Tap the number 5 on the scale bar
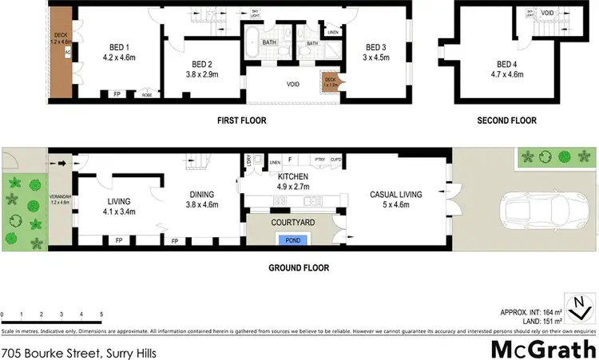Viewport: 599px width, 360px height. point(101,315)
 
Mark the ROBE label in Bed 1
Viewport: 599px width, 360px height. point(147,94)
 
